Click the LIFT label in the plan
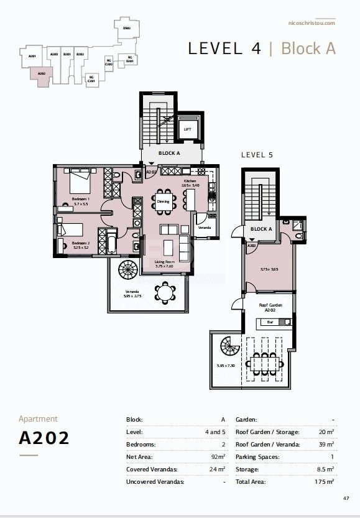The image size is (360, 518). tap(187, 129)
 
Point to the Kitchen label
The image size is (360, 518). tap(190, 180)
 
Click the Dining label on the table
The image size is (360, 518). tap(163, 201)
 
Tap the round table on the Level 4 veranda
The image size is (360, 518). tap(165, 292)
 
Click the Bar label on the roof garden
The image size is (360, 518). tap(270, 322)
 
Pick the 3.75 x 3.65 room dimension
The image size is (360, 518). tap(269, 269)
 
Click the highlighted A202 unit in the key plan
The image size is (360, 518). tap(41, 75)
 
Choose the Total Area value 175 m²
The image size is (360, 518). tap(324, 482)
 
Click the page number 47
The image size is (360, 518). tap(346, 498)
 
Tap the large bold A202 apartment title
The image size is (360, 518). tap(44, 438)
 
